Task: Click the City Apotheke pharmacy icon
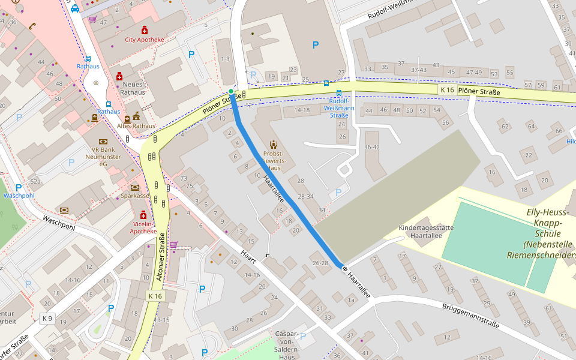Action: pos(144,30)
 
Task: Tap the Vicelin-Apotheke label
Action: pos(143,227)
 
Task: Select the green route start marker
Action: pos(231,91)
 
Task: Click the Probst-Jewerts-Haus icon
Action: pos(274,144)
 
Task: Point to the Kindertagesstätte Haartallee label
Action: pos(426,232)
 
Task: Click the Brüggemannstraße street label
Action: pos(470,316)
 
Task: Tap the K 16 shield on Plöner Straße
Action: pos(447,89)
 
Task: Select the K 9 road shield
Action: pos(47,317)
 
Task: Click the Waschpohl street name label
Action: pos(58,223)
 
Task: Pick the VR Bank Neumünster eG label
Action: pos(103,156)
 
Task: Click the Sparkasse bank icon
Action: pos(135,187)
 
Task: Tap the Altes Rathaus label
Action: pos(136,126)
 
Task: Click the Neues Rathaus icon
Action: pos(119,76)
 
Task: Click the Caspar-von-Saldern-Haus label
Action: pos(287,345)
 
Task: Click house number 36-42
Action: pos(372,147)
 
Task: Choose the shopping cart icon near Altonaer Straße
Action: pos(173,244)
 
